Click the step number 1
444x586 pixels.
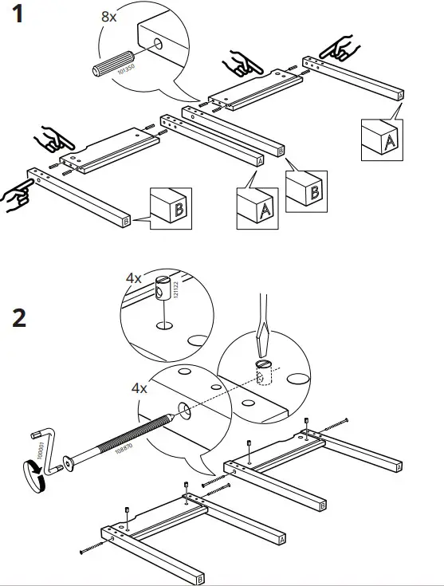pyautogui.click(x=22, y=18)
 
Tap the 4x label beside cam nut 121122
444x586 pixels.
pyautogui.click(x=133, y=278)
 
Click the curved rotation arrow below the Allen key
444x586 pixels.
pyautogui.click(x=35, y=479)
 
